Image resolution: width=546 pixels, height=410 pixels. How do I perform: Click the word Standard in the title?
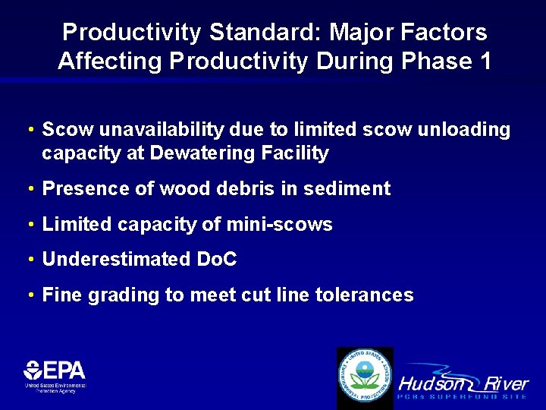point(255,33)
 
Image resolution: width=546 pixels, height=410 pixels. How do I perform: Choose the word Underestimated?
point(115,260)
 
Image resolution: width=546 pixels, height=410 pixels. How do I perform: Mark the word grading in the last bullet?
point(120,295)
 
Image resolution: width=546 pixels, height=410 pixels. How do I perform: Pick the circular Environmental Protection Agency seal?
point(365,376)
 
